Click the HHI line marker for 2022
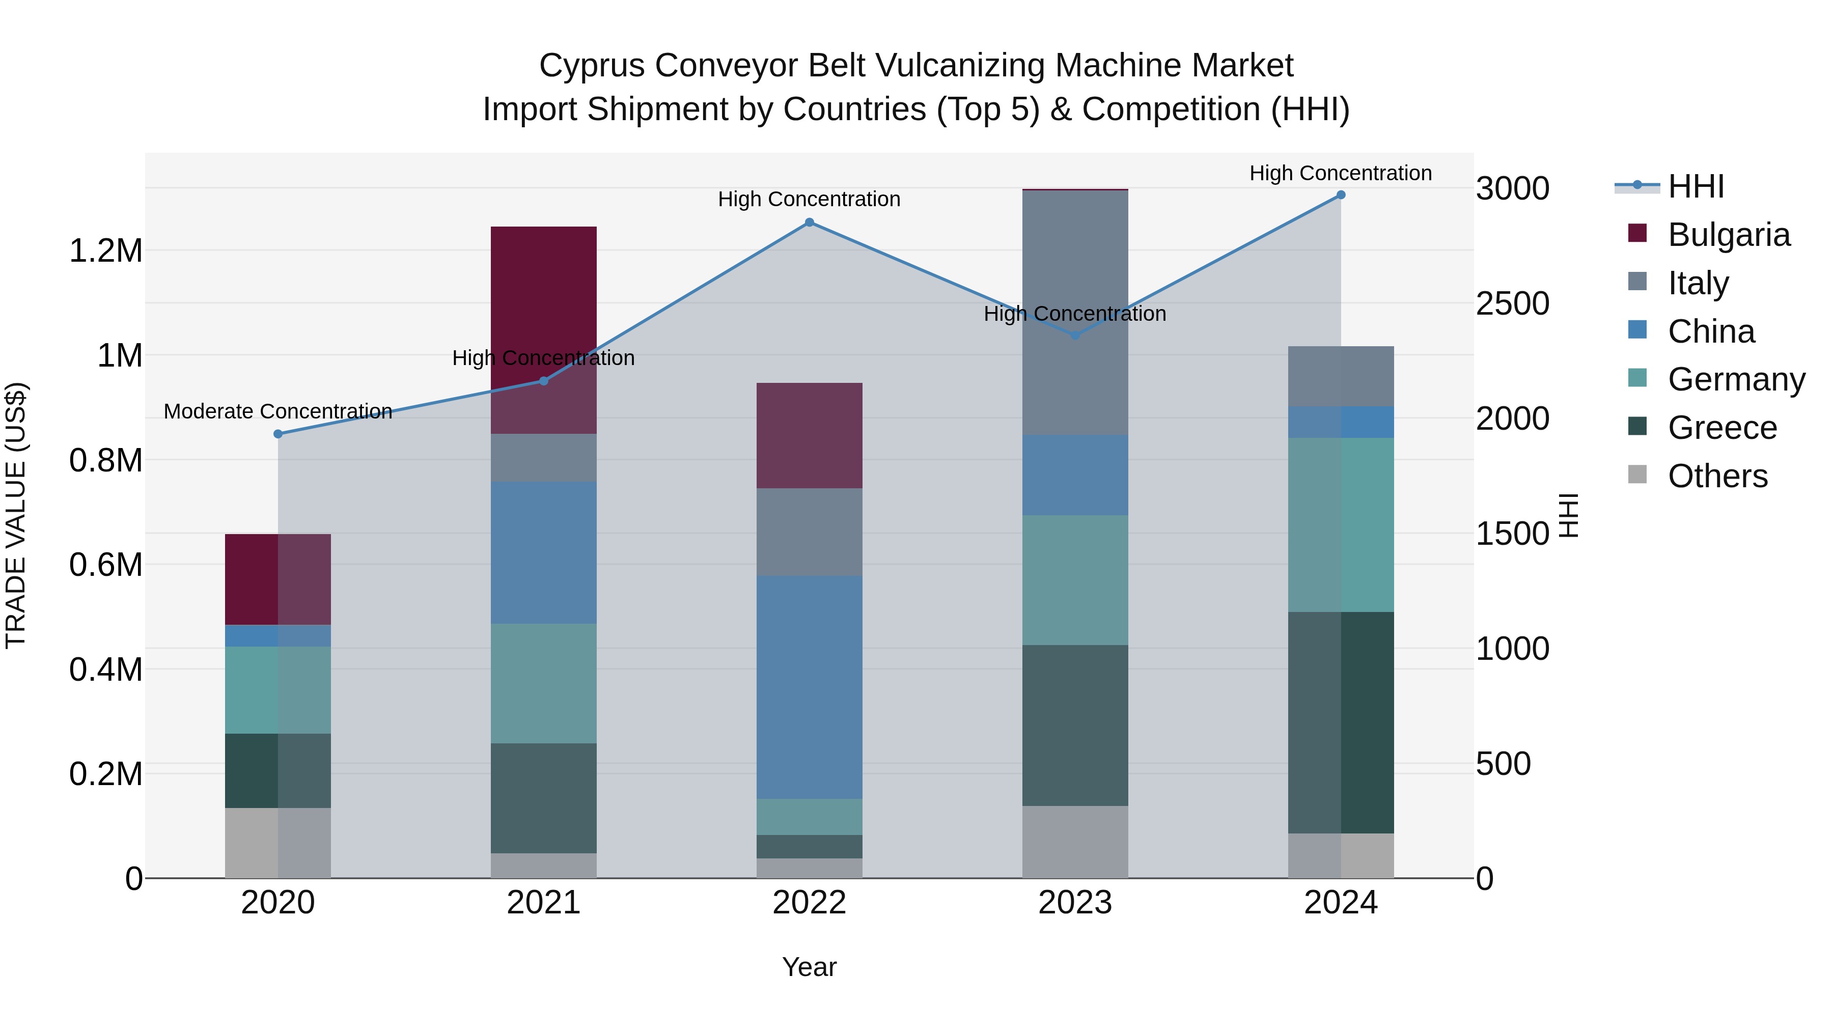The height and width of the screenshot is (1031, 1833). coord(809,222)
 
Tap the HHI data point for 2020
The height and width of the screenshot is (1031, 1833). coord(278,434)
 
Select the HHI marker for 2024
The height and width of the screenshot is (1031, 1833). coord(1341,195)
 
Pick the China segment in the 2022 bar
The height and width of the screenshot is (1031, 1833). coord(809,687)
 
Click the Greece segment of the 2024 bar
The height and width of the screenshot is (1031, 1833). coord(1341,722)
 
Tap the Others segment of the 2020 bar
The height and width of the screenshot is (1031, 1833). coord(278,843)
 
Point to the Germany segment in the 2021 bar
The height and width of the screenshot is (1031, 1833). coord(544,683)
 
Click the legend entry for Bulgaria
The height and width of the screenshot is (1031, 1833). coord(1729,235)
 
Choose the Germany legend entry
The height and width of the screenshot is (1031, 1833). coord(1736,379)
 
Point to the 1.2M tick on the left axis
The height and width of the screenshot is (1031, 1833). coord(105,251)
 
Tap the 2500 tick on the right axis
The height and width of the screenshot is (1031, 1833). coord(1512,304)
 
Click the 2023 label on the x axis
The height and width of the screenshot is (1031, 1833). coord(1075,903)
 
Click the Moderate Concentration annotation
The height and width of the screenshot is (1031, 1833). coord(278,411)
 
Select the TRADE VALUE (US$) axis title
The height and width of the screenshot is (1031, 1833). coord(16,515)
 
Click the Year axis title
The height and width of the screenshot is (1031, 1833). coord(809,967)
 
